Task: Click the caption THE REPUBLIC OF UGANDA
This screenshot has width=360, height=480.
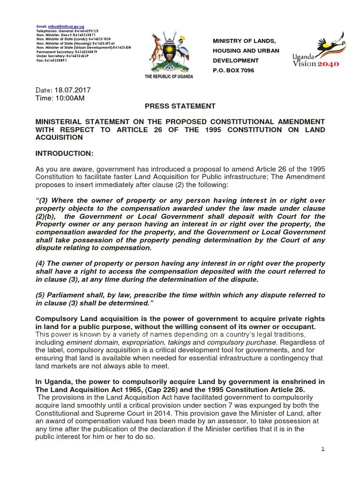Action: click(x=169, y=76)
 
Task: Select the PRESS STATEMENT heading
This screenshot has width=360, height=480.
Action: click(x=180, y=106)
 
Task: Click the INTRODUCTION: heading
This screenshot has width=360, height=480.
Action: click(x=65, y=153)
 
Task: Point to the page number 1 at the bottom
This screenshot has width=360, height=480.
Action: click(x=322, y=449)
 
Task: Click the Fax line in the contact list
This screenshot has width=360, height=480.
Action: click(x=52, y=61)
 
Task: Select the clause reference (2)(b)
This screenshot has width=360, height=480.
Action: click(x=45, y=217)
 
